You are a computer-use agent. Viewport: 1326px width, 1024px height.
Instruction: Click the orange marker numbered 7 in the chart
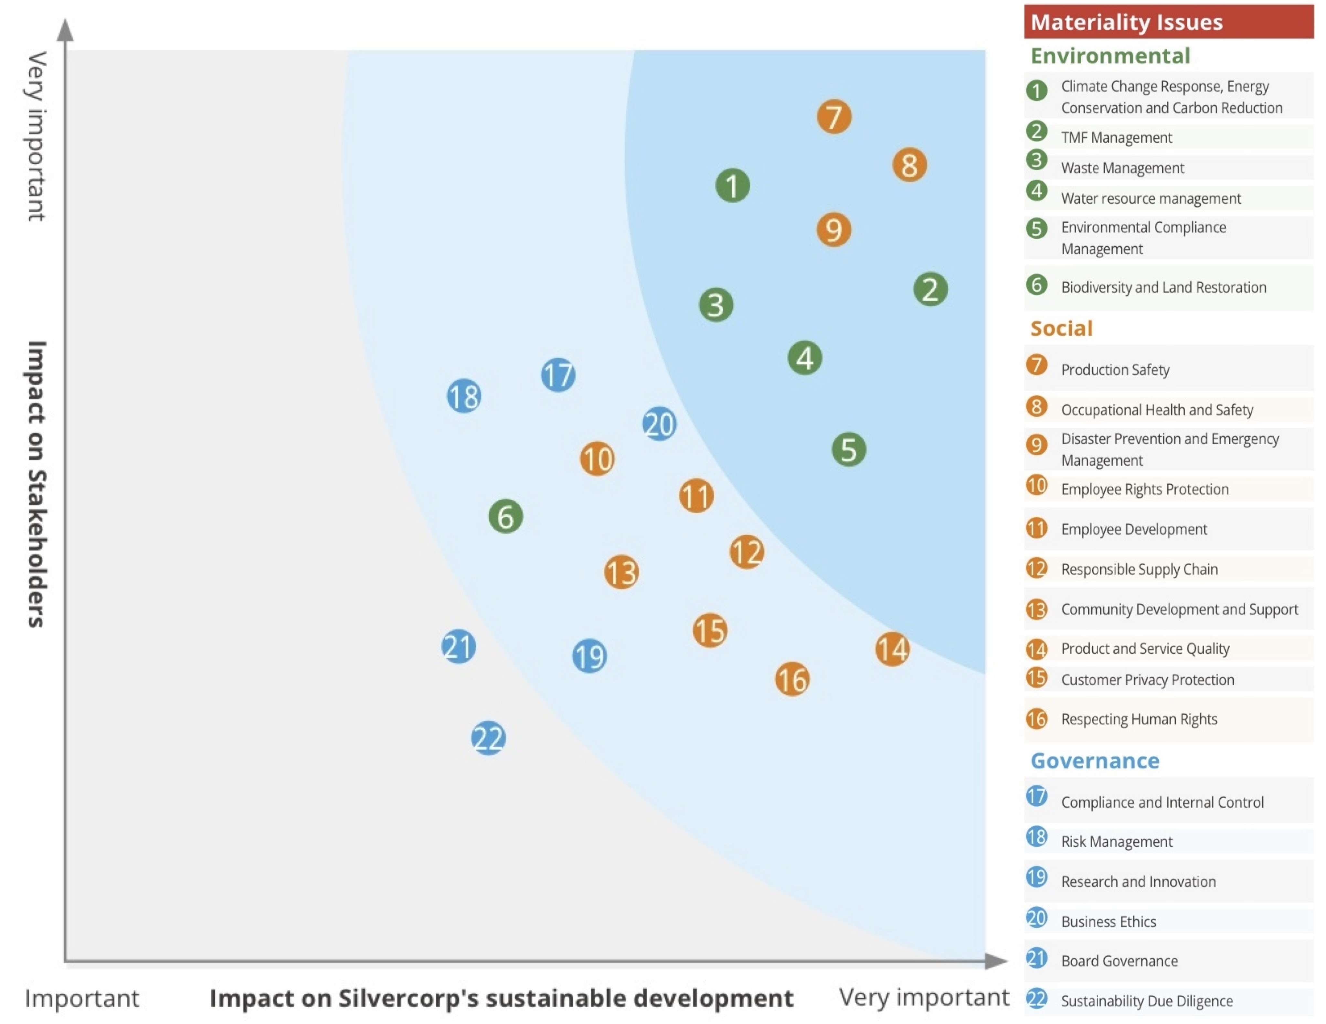coord(833,117)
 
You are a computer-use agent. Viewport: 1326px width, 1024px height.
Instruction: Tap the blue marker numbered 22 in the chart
coord(488,738)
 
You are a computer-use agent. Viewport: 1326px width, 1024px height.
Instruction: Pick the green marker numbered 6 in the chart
coord(505,516)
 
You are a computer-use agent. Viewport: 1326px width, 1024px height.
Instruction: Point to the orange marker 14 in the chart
coord(892,649)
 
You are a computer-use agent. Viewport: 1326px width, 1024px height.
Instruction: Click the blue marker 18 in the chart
coord(464,396)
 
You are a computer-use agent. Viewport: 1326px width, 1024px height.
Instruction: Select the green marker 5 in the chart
coord(848,449)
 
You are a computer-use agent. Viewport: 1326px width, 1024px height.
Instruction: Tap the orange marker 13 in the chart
coord(621,572)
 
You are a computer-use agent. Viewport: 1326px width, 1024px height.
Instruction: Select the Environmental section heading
coord(1110,56)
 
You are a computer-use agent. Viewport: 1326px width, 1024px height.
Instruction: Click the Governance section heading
coord(1095,760)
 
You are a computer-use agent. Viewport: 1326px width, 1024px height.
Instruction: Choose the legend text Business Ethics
coord(1108,922)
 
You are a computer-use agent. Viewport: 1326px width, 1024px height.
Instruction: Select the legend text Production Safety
coord(1115,370)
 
